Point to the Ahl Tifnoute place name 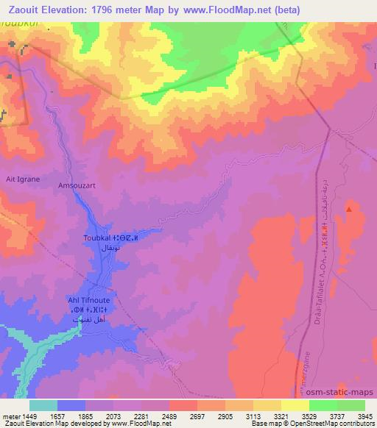point(89,302)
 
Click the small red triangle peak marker point(348,210)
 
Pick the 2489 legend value point(188,415)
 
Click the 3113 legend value point(244,415)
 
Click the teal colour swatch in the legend point(43,405)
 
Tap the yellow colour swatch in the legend point(295,405)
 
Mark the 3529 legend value point(300,415)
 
